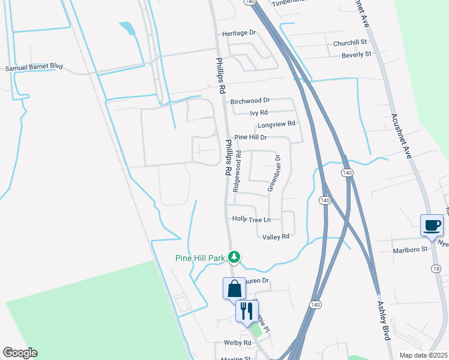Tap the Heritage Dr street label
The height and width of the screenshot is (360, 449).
239,34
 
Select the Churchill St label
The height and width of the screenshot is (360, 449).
349,43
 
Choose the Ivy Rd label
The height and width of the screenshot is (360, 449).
259,112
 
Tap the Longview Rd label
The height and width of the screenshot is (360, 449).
277,124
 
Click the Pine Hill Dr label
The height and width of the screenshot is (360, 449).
250,137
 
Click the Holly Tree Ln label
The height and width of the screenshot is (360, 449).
252,220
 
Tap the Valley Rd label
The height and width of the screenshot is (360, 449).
276,236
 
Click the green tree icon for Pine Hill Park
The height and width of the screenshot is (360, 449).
234,258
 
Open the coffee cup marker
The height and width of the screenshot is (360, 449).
432,226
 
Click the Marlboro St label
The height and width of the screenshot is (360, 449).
409,249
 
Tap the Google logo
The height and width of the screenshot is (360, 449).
20,353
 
